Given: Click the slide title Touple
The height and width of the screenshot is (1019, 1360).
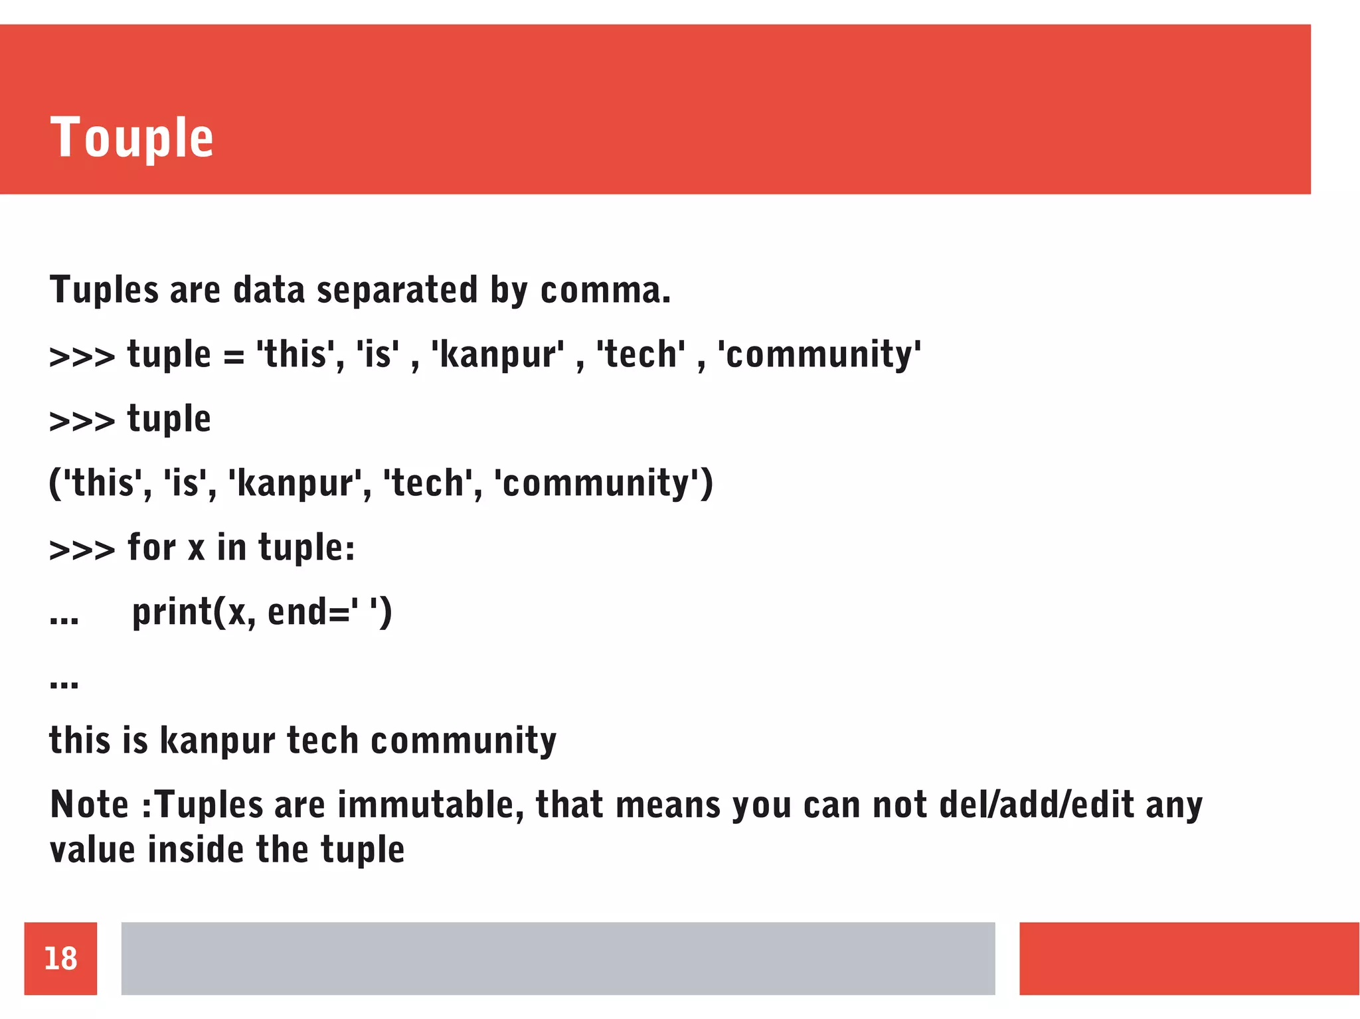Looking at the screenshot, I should pyautogui.click(x=131, y=137).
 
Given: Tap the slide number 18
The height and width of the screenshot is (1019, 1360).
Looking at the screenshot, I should pyautogui.click(x=60, y=958).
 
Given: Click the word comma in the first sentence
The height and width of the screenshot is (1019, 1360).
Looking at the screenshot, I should pyautogui.click(x=600, y=290).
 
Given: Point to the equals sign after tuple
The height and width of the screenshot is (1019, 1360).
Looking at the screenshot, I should pyautogui.click(x=234, y=356).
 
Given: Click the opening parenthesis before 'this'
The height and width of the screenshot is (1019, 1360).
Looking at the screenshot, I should pyautogui.click(x=54, y=483).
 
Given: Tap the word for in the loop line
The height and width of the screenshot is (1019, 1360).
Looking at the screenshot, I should pyautogui.click(x=152, y=548).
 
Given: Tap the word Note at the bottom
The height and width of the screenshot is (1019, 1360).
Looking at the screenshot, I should pyautogui.click(x=90, y=805).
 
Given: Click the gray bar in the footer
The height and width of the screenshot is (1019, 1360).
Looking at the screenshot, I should pyautogui.click(x=558, y=958).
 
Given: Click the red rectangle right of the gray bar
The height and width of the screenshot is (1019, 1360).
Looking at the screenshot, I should pyautogui.click(x=1189, y=958).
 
